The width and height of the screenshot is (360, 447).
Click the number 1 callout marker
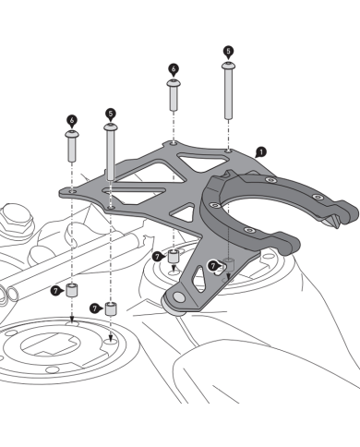click(260, 151)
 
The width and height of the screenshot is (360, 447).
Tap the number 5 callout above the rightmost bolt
click(228, 52)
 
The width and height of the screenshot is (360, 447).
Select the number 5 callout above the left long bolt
click(111, 114)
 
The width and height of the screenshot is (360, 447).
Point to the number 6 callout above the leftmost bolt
click(72, 119)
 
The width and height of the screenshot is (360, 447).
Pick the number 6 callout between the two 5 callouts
click(173, 68)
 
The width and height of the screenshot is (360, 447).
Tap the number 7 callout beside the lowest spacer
click(95, 308)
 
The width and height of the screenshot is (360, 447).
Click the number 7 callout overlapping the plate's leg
click(213, 266)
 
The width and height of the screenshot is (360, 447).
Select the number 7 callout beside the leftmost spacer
click(56, 290)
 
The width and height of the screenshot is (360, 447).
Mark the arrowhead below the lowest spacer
click(111, 338)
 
